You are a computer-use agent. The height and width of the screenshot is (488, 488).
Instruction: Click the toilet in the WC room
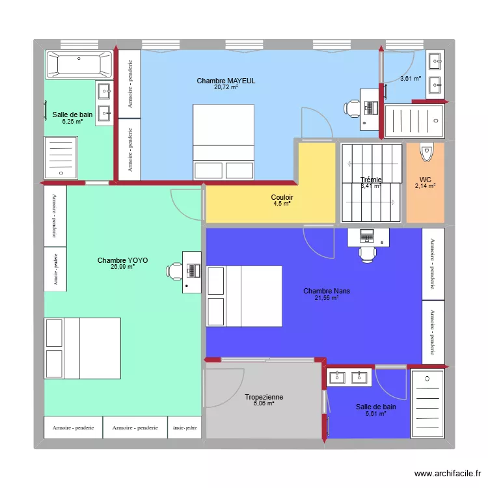tap(427, 152)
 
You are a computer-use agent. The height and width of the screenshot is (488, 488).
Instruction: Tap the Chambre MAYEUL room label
tap(226, 81)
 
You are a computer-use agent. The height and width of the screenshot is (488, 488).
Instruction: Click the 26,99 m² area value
tap(122, 267)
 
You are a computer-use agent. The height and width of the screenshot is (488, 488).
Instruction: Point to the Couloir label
tap(282, 197)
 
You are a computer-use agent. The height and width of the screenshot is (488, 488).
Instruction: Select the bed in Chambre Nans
tap(244, 296)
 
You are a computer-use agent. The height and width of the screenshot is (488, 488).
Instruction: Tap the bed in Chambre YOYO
tap(83, 348)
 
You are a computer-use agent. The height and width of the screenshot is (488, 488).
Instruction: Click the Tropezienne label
tap(264, 397)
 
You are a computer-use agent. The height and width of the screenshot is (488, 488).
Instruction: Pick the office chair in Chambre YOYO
tap(174, 271)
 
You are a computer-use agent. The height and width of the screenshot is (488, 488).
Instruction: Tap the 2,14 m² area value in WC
tap(425, 186)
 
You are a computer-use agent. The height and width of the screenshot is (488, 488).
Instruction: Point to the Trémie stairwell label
tap(371, 180)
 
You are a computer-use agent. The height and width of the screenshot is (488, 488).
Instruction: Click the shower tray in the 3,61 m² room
tap(413, 122)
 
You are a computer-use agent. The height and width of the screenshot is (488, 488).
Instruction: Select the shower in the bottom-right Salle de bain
tap(428, 403)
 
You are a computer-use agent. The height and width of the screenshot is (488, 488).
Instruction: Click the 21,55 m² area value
tap(327, 298)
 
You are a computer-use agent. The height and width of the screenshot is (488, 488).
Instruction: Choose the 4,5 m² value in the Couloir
tap(282, 204)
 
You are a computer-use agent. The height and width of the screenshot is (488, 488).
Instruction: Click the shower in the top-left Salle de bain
tap(62, 156)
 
